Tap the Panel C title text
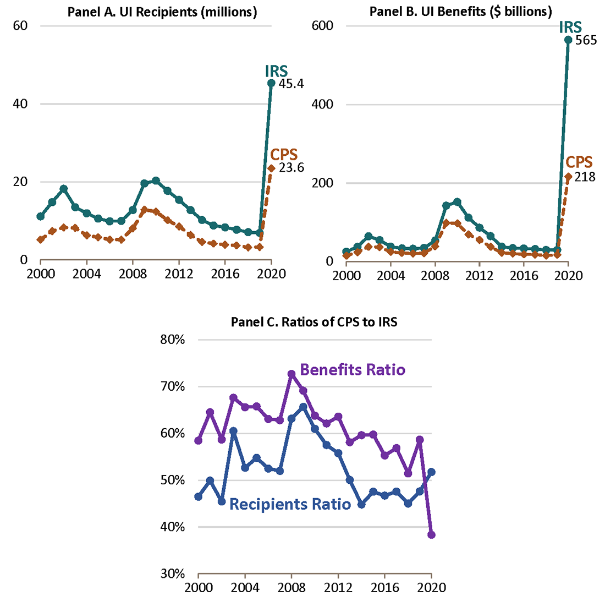pyautogui.click(x=313, y=323)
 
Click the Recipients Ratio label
pyautogui.click(x=290, y=504)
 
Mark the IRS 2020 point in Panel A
pyautogui.click(x=271, y=83)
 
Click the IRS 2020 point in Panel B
pyautogui.click(x=568, y=40)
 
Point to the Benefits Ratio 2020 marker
pyautogui.click(x=432, y=534)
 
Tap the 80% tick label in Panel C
pyautogui.click(x=175, y=340)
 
